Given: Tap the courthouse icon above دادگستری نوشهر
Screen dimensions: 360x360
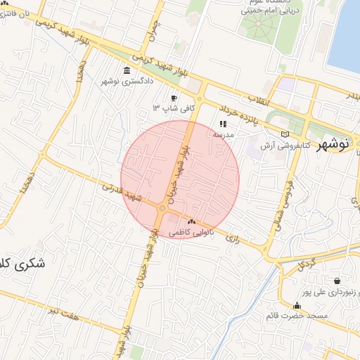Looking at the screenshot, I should [126, 71].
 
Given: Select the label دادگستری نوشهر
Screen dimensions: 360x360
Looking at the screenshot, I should [127, 82].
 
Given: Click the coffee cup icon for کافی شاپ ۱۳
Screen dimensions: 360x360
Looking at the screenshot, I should [174, 98].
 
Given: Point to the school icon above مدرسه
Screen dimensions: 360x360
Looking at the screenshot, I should [224, 124].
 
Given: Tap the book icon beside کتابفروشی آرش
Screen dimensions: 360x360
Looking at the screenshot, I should [284, 134].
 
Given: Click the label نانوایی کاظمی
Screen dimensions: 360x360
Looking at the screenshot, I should [191, 231].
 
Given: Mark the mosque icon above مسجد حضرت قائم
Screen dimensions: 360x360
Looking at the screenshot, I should [297, 306].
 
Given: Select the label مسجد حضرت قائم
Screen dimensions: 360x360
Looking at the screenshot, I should [297, 316].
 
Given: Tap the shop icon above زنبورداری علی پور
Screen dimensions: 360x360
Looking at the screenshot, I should [338, 281].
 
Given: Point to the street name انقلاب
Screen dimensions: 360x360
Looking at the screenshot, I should [264, 102].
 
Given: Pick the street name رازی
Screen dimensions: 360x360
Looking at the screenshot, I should [232, 239].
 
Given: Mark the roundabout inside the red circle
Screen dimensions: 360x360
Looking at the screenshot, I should [162, 208].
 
